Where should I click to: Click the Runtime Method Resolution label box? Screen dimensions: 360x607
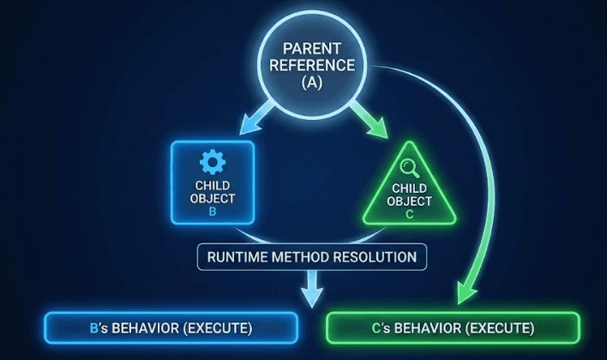pyautogui.click(x=310, y=257)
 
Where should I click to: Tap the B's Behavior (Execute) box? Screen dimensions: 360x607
pyautogui.click(x=171, y=328)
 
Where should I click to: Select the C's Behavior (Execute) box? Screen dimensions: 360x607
pyautogui.click(x=454, y=328)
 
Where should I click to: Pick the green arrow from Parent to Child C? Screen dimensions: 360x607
pyautogui.click(x=360, y=120)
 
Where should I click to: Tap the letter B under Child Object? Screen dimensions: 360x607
pyautogui.click(x=213, y=212)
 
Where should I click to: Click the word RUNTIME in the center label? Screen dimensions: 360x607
pyautogui.click(x=237, y=257)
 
